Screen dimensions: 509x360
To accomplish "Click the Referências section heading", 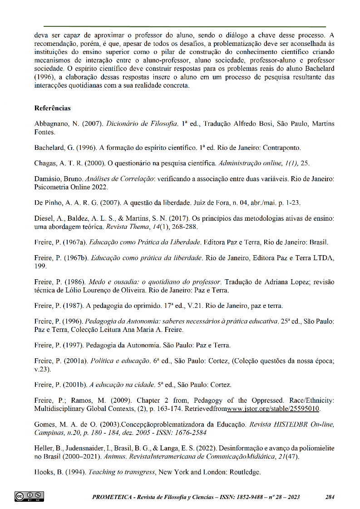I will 52,109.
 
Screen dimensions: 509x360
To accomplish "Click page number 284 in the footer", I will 330,497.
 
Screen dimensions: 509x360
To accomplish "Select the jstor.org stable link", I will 276,409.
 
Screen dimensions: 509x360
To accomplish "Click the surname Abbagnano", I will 50,124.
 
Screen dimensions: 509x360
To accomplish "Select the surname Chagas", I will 45,163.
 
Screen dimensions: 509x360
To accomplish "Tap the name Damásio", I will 47,179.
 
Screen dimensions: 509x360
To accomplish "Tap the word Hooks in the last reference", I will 44,472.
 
